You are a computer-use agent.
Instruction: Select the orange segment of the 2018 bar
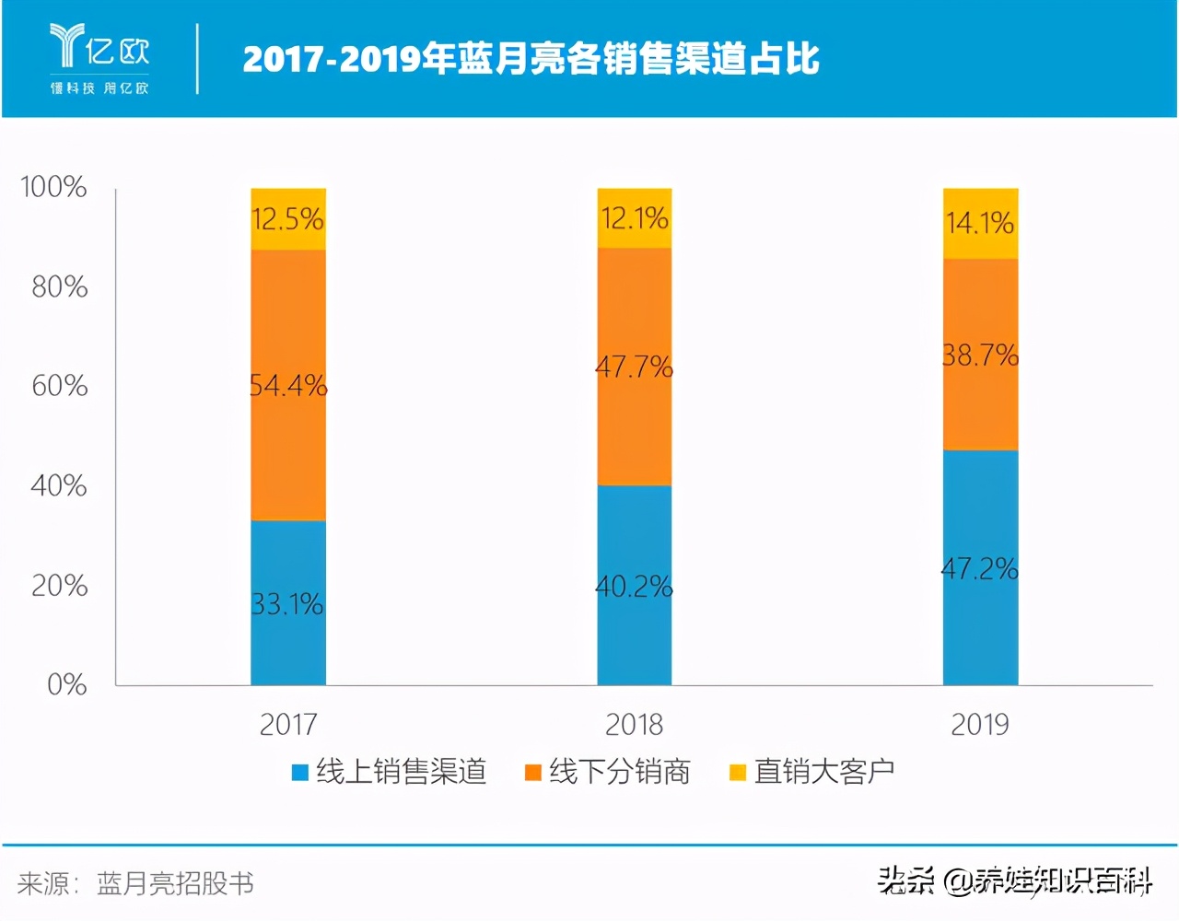635,424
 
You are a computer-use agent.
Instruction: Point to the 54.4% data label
288,385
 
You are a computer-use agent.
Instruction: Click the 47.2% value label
980,569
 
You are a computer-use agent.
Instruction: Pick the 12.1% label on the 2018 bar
635,218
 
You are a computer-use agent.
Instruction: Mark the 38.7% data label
980,355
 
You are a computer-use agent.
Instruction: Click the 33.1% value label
288,604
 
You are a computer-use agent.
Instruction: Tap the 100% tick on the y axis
53,187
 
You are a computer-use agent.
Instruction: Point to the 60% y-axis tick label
59,385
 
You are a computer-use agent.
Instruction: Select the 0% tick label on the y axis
66,684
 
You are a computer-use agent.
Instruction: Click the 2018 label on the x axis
634,725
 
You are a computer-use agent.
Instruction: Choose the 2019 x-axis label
979,725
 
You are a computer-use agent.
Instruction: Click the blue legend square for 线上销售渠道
300,773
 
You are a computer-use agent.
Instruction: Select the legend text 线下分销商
619,772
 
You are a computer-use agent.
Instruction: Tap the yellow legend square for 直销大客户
737,773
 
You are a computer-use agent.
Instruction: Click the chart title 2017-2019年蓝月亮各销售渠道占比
531,59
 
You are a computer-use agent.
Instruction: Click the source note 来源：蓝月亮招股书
135,884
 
